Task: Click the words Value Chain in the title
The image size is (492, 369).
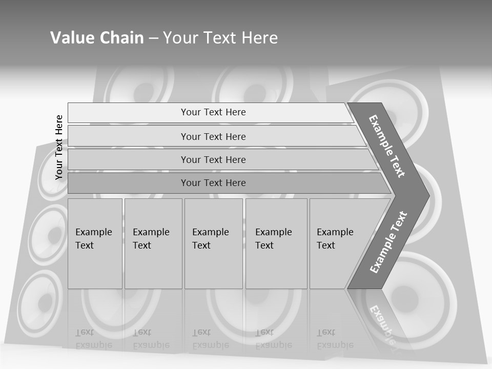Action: pos(97,37)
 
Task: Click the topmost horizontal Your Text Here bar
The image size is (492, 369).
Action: pos(213,112)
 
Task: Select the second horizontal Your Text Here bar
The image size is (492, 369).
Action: pos(213,136)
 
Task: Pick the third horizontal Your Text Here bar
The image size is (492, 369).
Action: pos(213,159)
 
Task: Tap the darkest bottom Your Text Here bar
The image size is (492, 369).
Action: pos(213,183)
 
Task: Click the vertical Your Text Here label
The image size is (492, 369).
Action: pos(59,147)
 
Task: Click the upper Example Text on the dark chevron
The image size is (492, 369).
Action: pos(387,146)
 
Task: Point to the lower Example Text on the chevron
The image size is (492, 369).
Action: pos(388,242)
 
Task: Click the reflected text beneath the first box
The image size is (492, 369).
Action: pos(94,338)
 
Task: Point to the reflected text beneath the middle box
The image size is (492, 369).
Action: pos(211,338)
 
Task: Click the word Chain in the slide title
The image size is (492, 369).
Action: pos(121,37)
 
